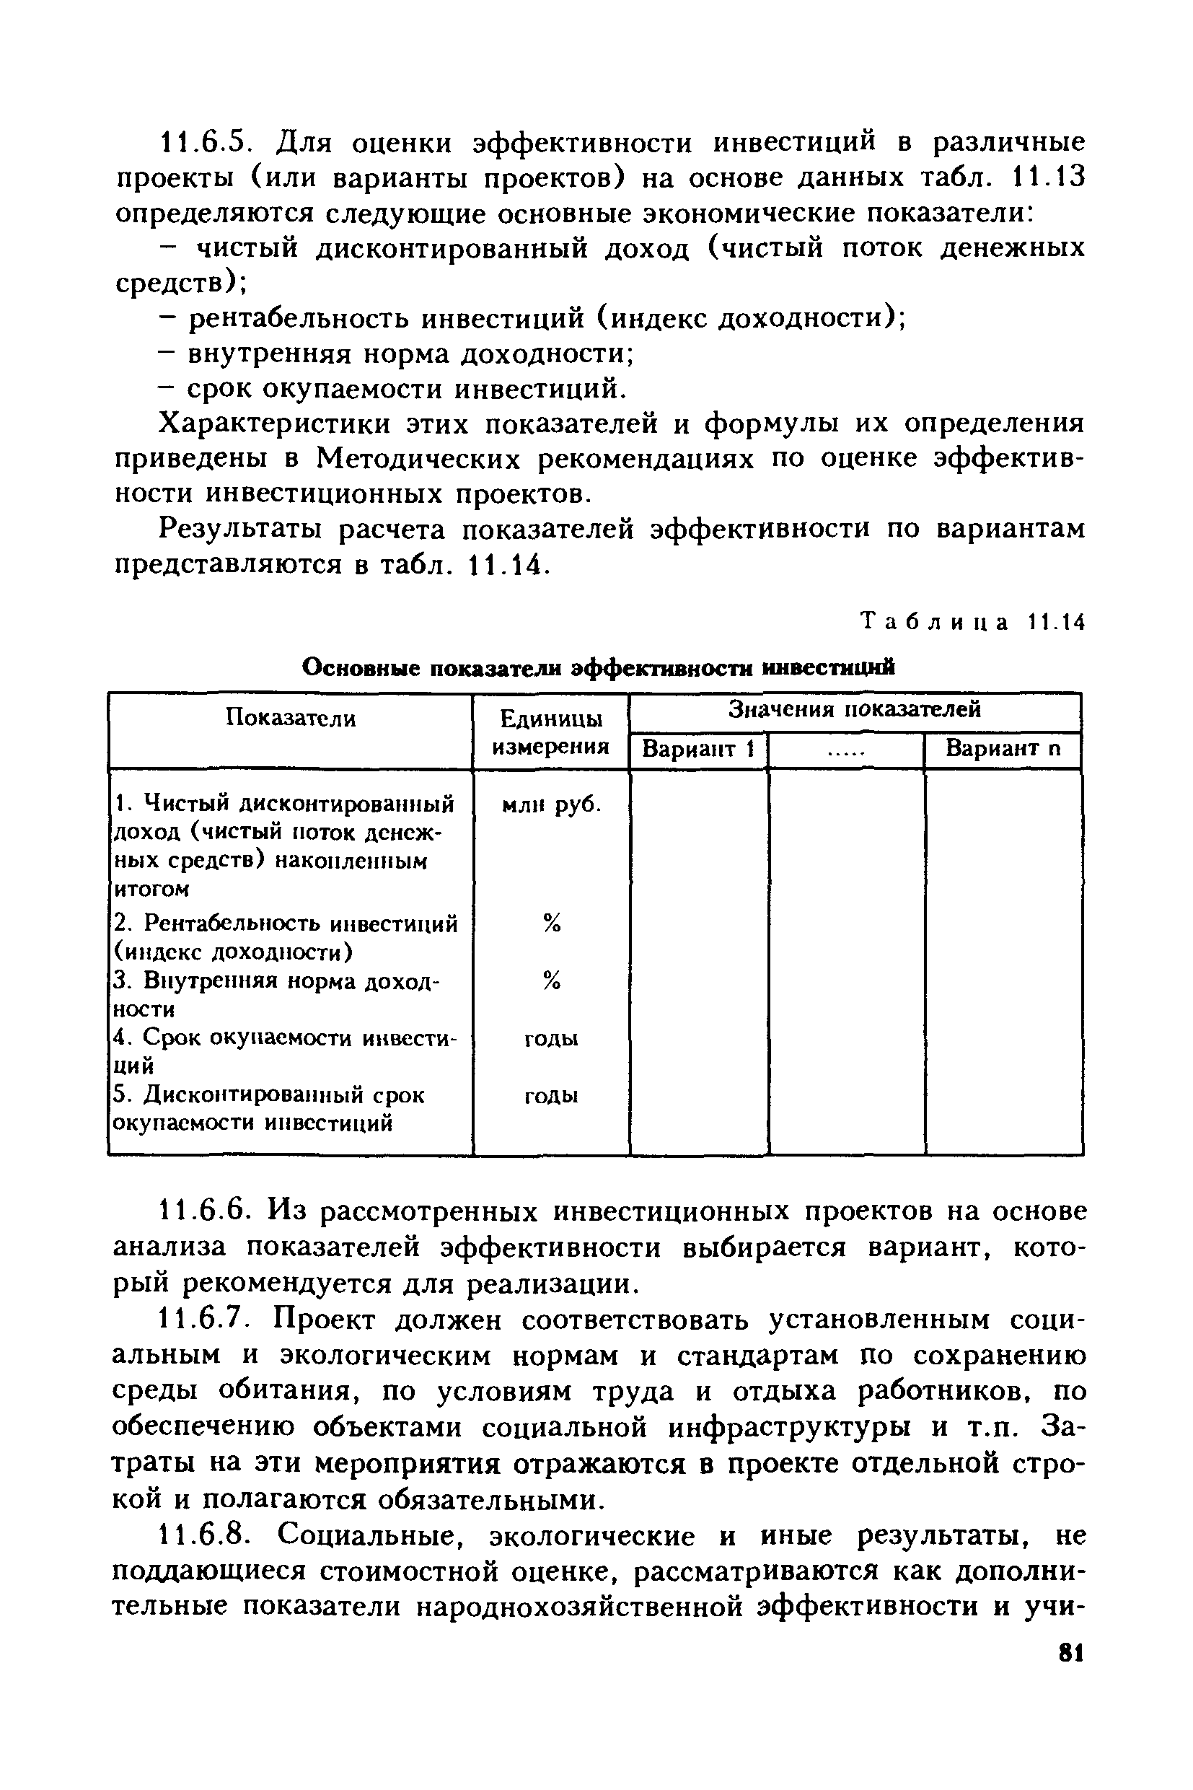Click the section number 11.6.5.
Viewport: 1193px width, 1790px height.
203,142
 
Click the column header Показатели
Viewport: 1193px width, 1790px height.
291,718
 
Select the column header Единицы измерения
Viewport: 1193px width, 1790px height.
551,732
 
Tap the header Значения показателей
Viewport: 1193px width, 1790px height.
855,709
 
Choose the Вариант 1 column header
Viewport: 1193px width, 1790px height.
697,749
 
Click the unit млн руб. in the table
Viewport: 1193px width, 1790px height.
552,804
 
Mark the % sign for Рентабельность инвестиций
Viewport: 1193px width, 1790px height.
552,923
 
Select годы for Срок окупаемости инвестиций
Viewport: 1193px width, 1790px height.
552,1039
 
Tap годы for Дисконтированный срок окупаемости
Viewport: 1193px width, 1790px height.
552,1096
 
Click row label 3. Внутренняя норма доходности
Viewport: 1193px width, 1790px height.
277,995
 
